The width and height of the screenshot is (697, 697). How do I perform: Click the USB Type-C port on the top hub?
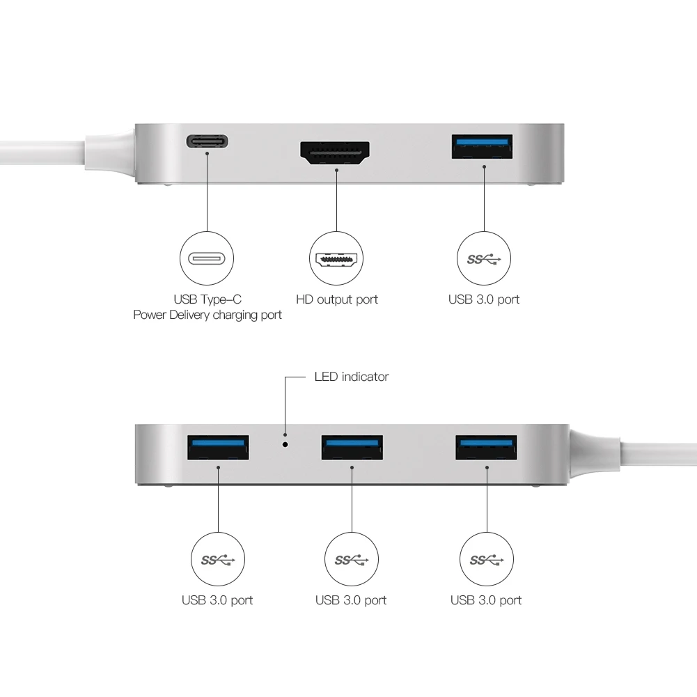coord(207,141)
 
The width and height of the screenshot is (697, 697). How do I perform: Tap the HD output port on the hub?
coord(335,151)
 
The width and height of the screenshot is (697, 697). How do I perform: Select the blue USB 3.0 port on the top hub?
coord(483,147)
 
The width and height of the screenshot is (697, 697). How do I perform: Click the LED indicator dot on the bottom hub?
coord(285,443)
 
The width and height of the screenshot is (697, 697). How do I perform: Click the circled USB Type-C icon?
coord(207,259)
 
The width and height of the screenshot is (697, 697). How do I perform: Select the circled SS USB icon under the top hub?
coord(484,259)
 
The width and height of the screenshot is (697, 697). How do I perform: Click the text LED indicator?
coord(351,377)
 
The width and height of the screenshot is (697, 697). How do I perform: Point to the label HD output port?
coord(337,299)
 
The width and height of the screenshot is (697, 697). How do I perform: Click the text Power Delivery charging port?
coord(207,315)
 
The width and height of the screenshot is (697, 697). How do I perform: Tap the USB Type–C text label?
coord(207,299)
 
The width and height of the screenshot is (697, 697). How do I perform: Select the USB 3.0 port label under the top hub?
coord(484,299)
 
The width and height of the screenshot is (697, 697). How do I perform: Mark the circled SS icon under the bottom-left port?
coord(218,560)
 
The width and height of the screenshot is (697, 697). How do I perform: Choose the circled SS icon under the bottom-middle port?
coord(352,560)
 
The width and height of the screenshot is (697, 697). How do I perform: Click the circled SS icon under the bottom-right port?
coord(486,560)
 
